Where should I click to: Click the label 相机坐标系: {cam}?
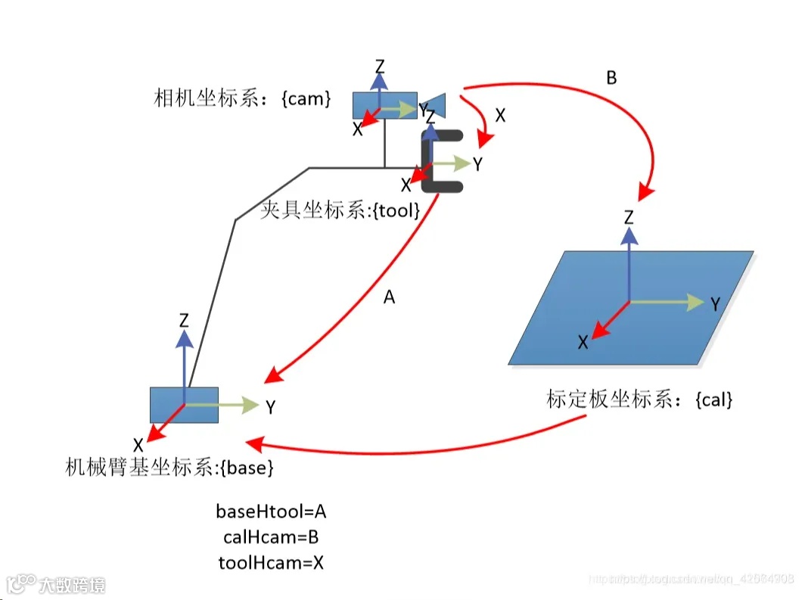click(242, 99)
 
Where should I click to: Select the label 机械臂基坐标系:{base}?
click(169, 468)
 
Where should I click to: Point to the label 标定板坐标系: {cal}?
click(639, 399)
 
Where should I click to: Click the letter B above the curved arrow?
click(611, 78)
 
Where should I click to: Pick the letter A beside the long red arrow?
click(389, 298)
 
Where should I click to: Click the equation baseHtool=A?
click(271, 512)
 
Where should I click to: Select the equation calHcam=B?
click(271, 537)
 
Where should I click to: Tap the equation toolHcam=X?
click(271, 562)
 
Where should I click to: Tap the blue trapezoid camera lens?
click(435, 104)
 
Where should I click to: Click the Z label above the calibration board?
click(629, 218)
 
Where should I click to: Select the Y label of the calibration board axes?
click(713, 304)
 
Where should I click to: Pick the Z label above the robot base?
click(184, 320)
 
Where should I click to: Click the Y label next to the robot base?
click(270, 407)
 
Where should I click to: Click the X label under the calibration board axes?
click(583, 343)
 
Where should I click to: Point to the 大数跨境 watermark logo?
click(57, 584)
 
